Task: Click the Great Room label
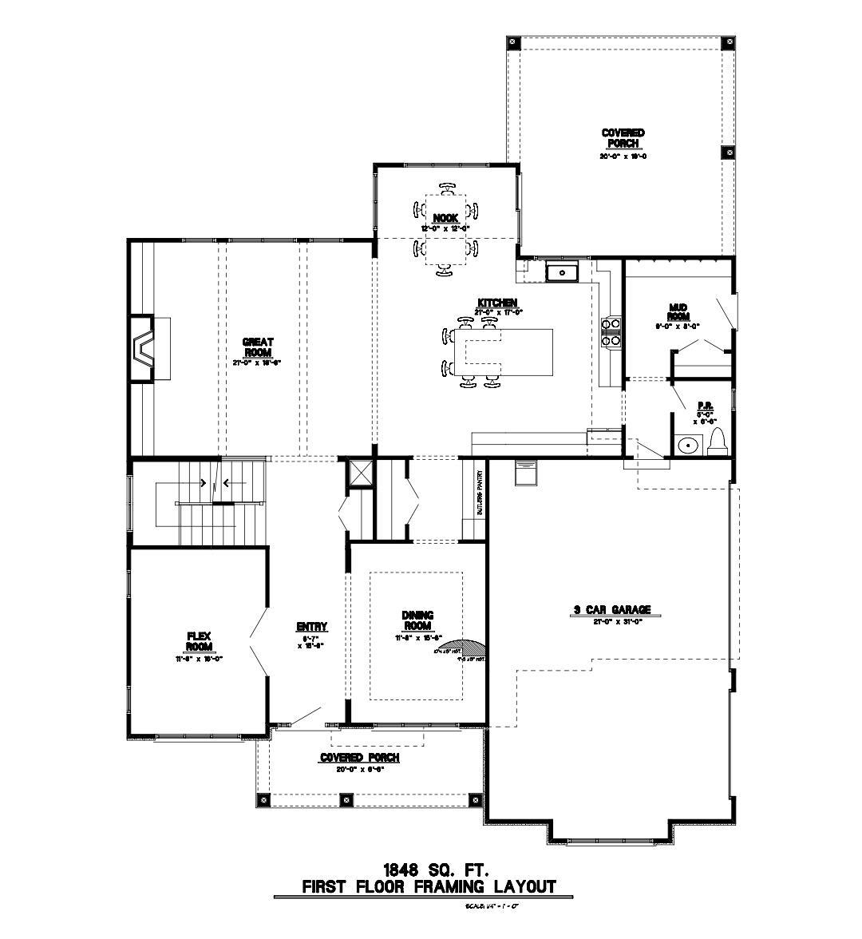point(258,347)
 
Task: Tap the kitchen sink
point(563,273)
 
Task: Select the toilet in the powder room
point(717,441)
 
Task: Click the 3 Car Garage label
point(611,610)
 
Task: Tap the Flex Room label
point(199,641)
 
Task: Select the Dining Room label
point(417,620)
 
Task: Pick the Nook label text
point(445,218)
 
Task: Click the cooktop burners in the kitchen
point(611,332)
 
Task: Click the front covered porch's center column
point(345,798)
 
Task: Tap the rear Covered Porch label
point(623,138)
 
